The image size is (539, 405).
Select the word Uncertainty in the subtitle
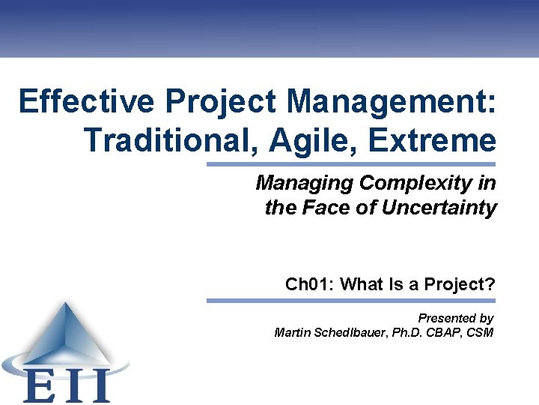[x=439, y=208]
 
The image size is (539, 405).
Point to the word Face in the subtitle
[x=330, y=208]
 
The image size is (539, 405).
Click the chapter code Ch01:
[x=310, y=284]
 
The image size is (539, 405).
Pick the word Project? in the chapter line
[x=459, y=284]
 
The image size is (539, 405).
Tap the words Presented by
[x=455, y=318]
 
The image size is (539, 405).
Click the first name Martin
[x=293, y=332]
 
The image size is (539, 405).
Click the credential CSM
[x=480, y=332]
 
